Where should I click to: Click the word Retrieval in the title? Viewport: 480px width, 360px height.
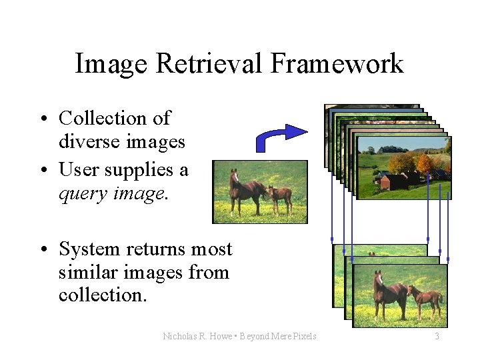pyautogui.click(x=210, y=64)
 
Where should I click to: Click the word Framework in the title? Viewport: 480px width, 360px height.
pyautogui.click(x=337, y=64)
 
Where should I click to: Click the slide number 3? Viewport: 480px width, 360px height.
pyautogui.click(x=437, y=337)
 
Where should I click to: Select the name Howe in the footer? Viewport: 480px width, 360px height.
pyautogui.click(x=220, y=337)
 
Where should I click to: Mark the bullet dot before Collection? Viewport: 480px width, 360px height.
pyautogui.click(x=41, y=119)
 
